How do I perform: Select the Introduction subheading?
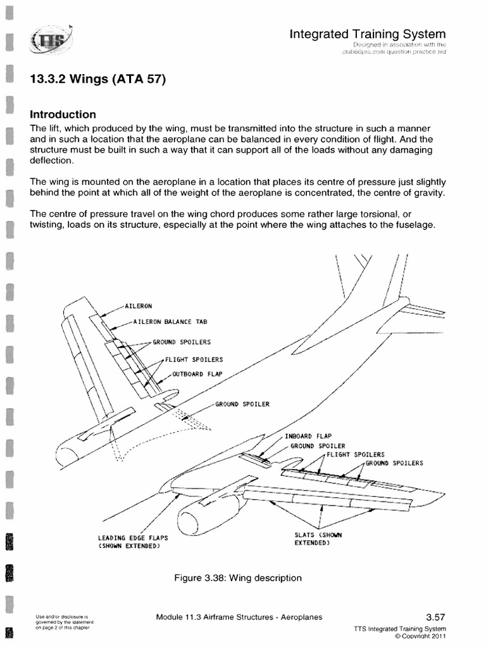(x=63, y=115)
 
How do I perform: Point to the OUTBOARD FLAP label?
(x=197, y=373)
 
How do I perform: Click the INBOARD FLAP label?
(x=309, y=437)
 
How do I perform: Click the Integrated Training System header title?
(x=367, y=34)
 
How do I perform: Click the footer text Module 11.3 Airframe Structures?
(x=239, y=618)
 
